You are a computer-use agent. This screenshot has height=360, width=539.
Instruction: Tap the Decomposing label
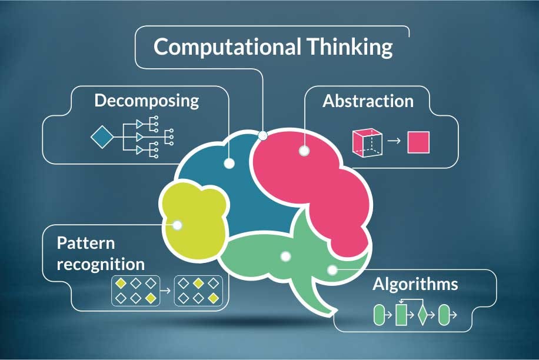click(147, 100)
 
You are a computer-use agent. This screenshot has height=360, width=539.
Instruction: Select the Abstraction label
click(368, 101)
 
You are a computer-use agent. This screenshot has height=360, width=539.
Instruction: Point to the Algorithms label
click(415, 284)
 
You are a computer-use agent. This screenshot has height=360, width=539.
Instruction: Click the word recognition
click(100, 262)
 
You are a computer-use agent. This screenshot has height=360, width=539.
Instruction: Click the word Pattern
click(86, 242)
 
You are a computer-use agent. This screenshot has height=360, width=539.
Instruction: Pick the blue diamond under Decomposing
click(102, 137)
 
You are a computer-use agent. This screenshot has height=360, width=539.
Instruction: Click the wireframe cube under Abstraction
click(367, 142)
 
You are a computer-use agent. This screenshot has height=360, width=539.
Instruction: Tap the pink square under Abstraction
click(418, 142)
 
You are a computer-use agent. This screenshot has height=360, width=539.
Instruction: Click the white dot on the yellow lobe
click(178, 224)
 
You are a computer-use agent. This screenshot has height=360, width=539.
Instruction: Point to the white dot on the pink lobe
click(304, 151)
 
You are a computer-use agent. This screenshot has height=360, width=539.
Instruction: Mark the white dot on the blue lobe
click(229, 163)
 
